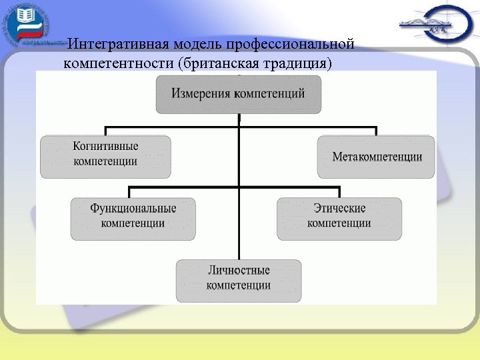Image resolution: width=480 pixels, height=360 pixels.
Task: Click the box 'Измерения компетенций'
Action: pyautogui.click(x=238, y=94)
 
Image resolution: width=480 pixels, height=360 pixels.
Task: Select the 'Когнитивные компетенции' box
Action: pyautogui.click(x=105, y=157)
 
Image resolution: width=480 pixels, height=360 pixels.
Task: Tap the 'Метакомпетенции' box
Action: pyautogui.click(x=377, y=157)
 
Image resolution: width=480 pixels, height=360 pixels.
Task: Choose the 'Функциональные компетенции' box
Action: pyautogui.click(x=133, y=219)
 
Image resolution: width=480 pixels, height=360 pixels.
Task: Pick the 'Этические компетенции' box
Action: pyautogui.click(x=339, y=219)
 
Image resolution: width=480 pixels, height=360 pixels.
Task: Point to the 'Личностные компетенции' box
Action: pyautogui.click(x=238, y=281)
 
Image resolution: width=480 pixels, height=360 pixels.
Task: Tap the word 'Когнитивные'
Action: pyautogui.click(x=105, y=147)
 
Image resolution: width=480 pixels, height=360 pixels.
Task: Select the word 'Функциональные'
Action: pyautogui.click(x=133, y=208)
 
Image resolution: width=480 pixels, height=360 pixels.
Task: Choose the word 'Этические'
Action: pyautogui.click(x=339, y=208)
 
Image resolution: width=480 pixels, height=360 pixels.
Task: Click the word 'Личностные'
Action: pyautogui.click(x=238, y=270)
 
